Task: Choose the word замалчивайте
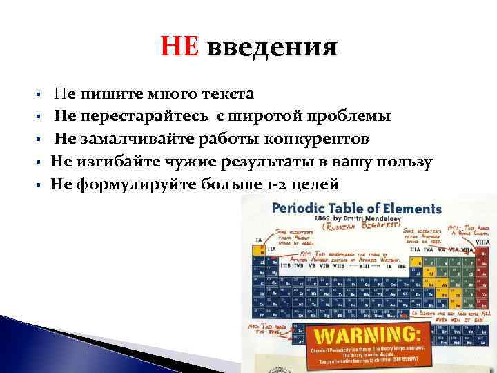click(132, 139)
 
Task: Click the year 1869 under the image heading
click(327, 216)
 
